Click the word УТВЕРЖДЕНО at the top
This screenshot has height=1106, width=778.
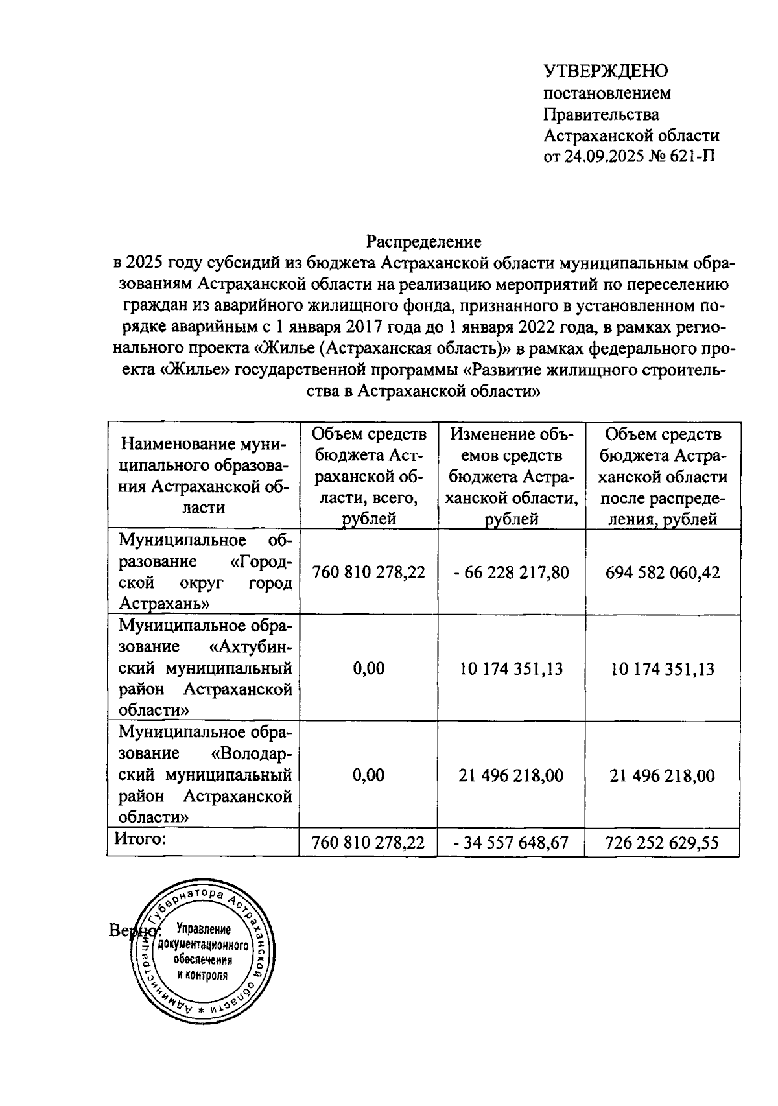(606, 71)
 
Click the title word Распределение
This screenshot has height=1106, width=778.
(424, 242)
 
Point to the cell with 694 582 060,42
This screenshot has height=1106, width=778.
(662, 572)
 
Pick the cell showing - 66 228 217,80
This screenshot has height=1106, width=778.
(512, 572)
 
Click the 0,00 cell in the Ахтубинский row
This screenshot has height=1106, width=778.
(368, 668)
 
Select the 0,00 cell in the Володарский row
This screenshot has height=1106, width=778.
(368, 775)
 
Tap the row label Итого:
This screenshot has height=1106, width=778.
(141, 840)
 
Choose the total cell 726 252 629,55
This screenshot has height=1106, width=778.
(662, 843)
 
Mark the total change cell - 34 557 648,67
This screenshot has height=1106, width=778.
(512, 843)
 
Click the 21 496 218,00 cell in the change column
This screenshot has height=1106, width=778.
(512, 775)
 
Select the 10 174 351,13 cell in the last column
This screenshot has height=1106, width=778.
(662, 668)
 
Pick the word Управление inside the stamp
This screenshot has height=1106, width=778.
(204, 930)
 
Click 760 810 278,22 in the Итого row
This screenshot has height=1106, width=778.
(368, 843)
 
